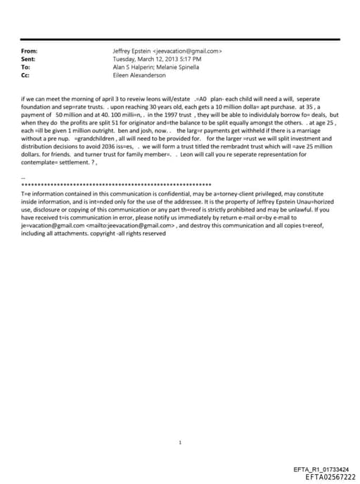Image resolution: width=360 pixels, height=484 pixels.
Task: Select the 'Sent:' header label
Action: pos(29,59)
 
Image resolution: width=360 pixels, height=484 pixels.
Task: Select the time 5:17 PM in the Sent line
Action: pos(189,59)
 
